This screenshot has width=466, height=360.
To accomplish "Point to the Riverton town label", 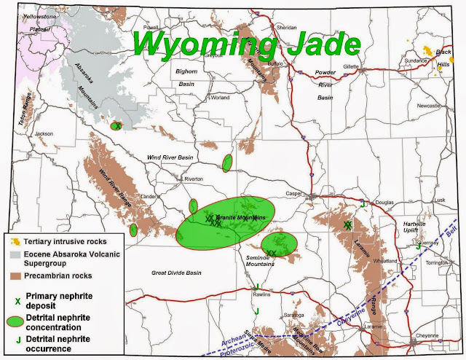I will coord(194,179).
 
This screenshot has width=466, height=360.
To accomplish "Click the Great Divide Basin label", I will coord(176,273).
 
